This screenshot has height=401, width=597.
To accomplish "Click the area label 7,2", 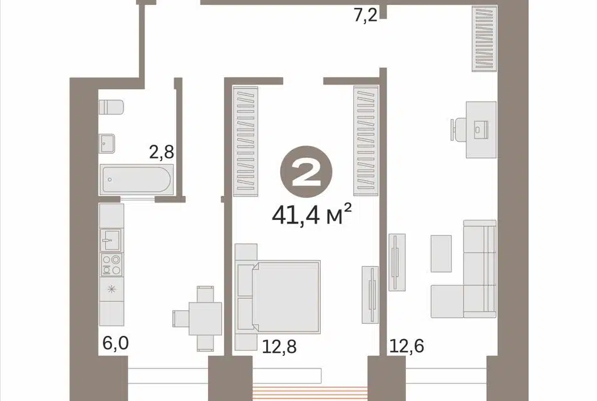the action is [x=365, y=16].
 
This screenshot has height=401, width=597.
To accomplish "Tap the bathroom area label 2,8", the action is [x=162, y=152].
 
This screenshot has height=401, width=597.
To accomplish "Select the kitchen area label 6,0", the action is [x=116, y=343].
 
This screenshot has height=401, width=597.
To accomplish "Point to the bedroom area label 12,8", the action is [x=279, y=346].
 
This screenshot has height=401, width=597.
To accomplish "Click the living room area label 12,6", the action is [x=407, y=346].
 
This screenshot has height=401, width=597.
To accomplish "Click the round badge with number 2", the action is [x=306, y=172].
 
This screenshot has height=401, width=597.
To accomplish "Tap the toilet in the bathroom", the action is [x=111, y=107].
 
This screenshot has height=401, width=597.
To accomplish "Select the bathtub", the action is [x=137, y=179].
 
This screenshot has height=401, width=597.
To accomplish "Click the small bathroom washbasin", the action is [x=106, y=143].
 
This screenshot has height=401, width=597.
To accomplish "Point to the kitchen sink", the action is [x=110, y=240].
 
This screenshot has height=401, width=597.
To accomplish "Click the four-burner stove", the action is [x=111, y=264].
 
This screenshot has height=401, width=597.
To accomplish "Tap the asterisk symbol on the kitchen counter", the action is [x=111, y=289].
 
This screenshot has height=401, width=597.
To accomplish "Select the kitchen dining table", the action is [x=205, y=318].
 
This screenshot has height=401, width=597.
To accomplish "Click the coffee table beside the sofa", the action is [x=441, y=253].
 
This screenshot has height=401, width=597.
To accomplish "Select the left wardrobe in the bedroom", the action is [x=246, y=141].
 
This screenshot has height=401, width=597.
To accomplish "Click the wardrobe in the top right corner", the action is [x=484, y=38].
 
